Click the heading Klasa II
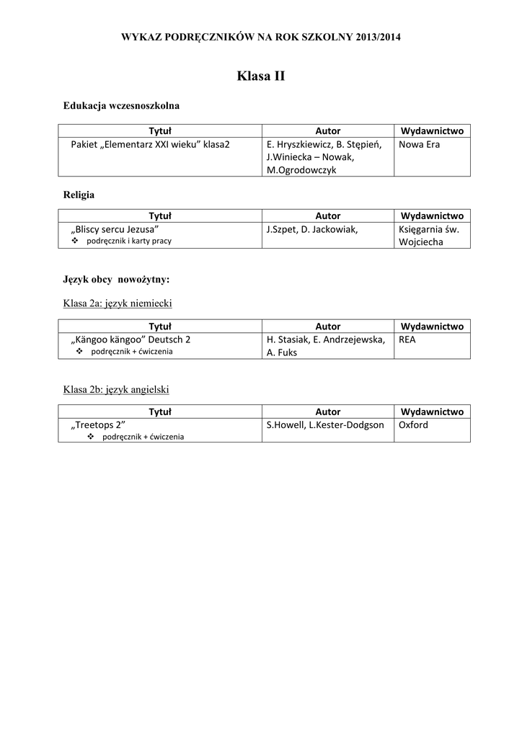click(260, 76)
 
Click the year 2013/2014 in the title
click(379, 37)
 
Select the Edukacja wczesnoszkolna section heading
click(121, 105)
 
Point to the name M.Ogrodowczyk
click(301, 170)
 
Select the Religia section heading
click(79, 195)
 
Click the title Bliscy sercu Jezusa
click(115, 229)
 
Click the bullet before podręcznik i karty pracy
click(76, 241)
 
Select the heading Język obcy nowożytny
click(116, 279)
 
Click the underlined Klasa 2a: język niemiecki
click(118, 303)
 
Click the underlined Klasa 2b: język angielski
click(116, 390)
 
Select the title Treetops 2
click(98, 424)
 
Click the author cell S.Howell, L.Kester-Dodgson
click(325, 424)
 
